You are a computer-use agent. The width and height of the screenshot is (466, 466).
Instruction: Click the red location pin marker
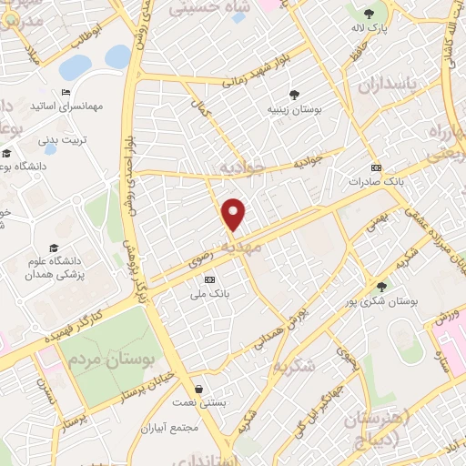(235, 214)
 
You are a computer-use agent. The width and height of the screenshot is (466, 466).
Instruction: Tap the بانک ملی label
(210, 294)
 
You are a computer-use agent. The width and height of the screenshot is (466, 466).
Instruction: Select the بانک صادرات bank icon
(377, 168)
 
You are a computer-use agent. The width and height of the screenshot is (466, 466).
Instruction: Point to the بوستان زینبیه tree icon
(294, 94)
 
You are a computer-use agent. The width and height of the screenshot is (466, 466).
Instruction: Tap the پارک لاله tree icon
(369, 14)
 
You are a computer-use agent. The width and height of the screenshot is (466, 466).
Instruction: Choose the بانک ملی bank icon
(210, 279)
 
